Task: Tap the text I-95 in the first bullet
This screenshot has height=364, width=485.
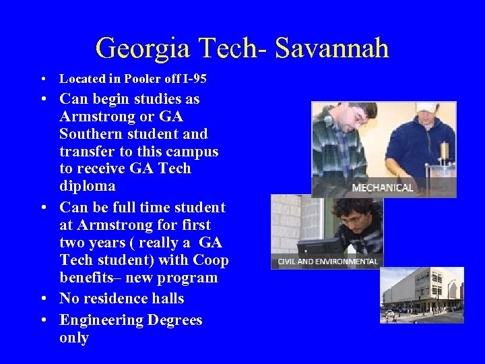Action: [194, 79]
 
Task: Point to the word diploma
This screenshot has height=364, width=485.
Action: [88, 186]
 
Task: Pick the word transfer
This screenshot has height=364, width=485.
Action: [88, 151]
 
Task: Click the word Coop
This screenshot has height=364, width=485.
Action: [212, 260]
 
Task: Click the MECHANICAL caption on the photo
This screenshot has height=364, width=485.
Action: [383, 187]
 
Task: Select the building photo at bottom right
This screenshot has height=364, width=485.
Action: [422, 295]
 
